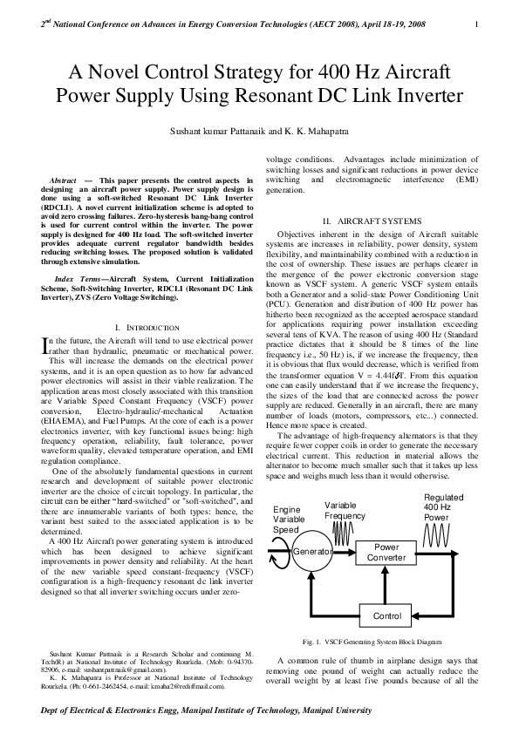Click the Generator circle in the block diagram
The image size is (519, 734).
click(313, 552)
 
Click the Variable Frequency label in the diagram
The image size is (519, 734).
click(345, 511)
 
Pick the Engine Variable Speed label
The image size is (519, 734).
click(290, 519)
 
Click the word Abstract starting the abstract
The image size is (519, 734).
click(69, 179)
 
